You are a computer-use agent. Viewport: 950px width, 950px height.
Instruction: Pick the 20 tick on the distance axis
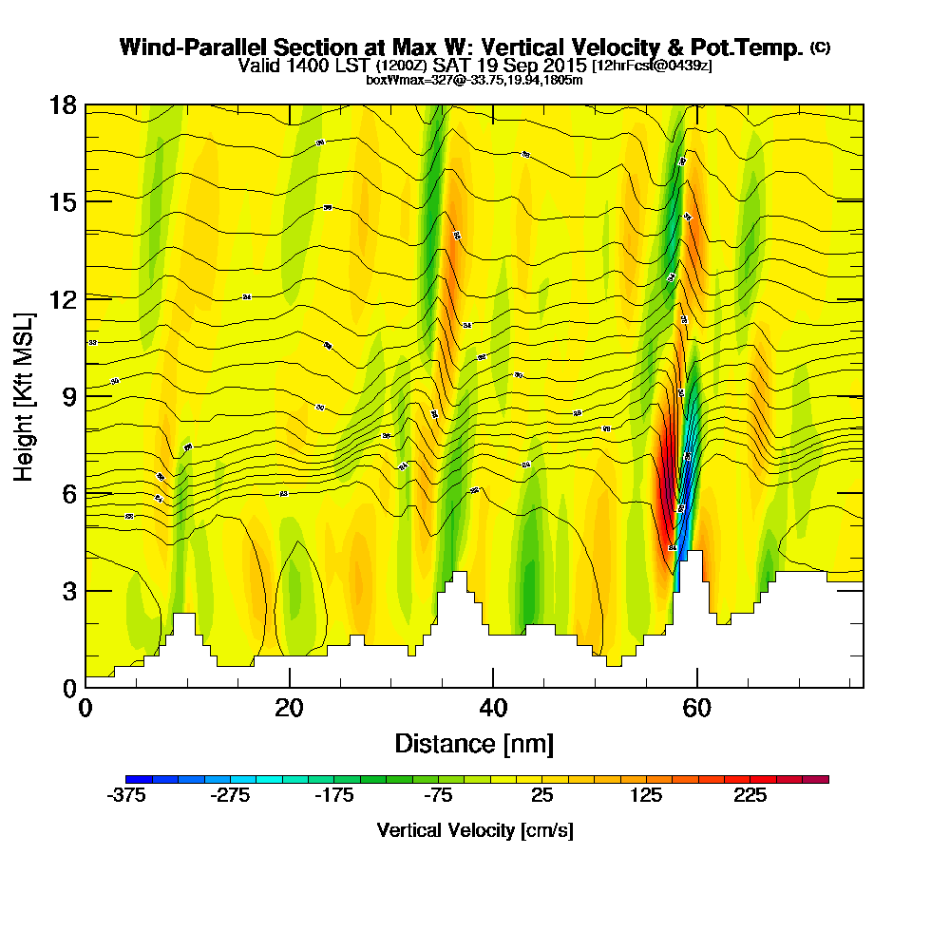289,708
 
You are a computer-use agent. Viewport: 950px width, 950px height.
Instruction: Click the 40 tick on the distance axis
493,708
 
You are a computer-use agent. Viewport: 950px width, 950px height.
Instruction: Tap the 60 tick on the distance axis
697,708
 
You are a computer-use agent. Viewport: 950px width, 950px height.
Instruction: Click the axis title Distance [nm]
474,743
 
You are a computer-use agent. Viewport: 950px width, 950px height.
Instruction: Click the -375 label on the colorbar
126,796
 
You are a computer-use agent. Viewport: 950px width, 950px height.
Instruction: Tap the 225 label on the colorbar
750,796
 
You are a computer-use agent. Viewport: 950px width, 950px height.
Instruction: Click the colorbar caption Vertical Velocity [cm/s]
474,830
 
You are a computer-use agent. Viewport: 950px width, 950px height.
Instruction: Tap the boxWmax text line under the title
474,80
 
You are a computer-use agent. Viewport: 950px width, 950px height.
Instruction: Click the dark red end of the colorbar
822,779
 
